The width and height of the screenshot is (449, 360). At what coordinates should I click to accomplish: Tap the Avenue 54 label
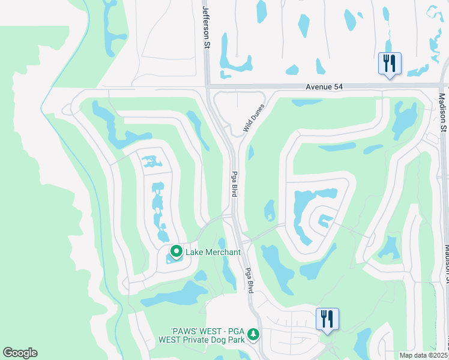pos(324,87)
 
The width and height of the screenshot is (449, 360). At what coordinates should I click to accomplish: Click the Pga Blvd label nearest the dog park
pos(250,280)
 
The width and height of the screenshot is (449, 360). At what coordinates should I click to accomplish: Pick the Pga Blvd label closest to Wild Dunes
pos(234,184)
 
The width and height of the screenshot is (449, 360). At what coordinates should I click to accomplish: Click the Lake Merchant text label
pos(212,252)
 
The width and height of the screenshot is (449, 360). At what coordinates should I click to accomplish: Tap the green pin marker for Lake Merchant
pos(176,251)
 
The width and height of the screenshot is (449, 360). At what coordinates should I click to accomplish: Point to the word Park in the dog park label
pos(236,340)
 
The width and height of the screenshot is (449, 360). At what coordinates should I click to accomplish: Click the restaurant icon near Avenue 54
pos(390,63)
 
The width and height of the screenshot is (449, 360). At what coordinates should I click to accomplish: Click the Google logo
pos(20,353)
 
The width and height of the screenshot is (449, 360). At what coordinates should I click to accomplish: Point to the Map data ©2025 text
pos(423,355)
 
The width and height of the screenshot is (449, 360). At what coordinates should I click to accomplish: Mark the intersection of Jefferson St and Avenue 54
pos(206,87)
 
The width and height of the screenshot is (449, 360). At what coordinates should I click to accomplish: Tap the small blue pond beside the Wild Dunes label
pos(250,153)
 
